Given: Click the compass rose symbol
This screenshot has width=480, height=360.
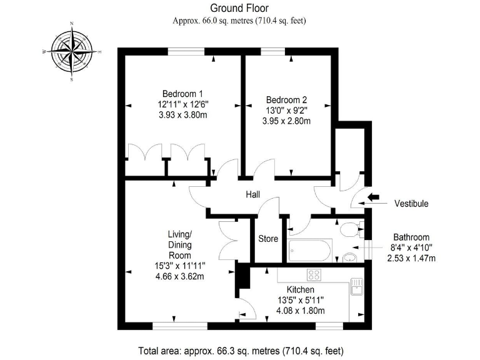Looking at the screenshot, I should click(72, 52).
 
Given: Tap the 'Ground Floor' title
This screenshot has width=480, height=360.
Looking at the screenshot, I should click(239, 8).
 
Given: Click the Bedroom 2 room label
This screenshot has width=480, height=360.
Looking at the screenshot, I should click(286, 99).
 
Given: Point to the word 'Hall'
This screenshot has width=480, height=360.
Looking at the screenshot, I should click(252, 195).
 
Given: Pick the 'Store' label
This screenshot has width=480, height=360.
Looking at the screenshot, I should click(268, 239).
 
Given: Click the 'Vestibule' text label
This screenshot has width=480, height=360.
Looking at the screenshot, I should click(411, 204).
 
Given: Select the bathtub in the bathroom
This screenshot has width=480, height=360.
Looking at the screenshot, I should click(310, 251).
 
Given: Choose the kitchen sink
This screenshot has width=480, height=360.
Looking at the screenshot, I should click(357, 286).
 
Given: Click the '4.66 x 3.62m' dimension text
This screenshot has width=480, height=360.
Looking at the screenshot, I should click(179, 276).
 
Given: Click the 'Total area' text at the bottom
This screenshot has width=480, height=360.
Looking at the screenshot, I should click(239, 351).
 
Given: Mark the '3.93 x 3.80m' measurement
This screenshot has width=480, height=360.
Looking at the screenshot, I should click(183, 115).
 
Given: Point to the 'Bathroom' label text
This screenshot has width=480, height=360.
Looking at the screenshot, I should click(411, 237).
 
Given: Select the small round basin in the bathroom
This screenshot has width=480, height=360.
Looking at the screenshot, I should click(349, 257).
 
